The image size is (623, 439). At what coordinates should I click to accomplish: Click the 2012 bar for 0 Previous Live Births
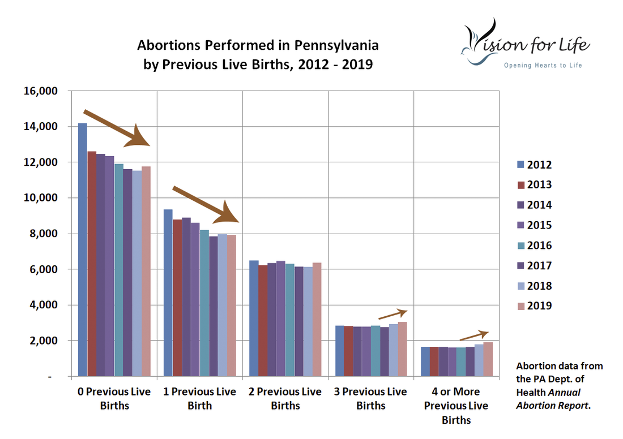(x=83, y=249)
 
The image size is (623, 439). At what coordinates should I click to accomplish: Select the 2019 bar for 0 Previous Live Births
(x=146, y=271)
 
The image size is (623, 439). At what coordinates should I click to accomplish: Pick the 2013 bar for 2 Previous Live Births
(x=263, y=320)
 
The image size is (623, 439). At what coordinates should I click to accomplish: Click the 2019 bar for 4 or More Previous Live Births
(x=488, y=359)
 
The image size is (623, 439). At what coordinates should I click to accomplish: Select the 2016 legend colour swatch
(x=520, y=246)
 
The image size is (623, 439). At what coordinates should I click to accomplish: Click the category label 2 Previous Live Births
(x=285, y=398)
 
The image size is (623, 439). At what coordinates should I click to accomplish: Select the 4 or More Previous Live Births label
(x=456, y=406)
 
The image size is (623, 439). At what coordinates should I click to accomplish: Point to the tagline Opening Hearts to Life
(x=543, y=66)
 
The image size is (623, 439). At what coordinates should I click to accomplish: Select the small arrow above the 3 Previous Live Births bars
(x=392, y=313)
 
